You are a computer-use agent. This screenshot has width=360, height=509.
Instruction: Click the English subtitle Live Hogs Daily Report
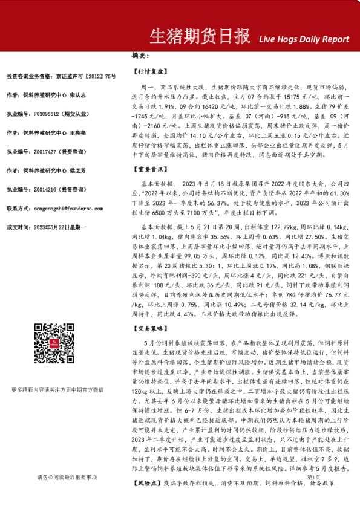click(303, 39)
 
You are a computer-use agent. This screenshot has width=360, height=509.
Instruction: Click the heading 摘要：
click(141, 56)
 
